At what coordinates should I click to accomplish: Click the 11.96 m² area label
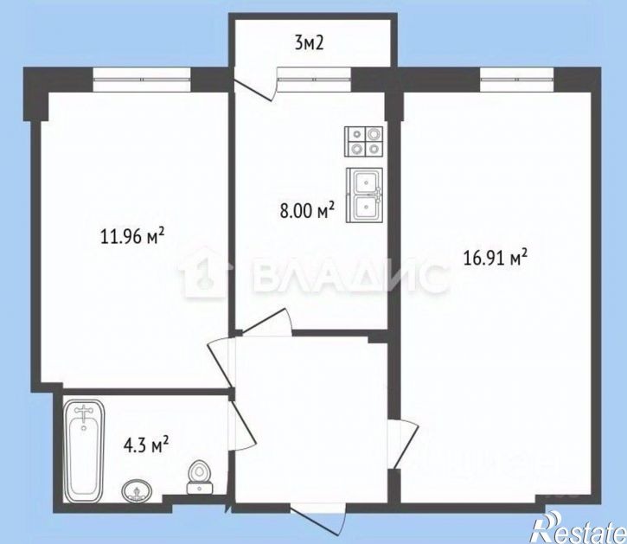click(x=132, y=236)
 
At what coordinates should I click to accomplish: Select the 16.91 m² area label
click(x=496, y=257)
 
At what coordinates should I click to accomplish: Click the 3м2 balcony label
click(x=310, y=43)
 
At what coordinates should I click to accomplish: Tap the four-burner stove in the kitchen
click(x=365, y=141)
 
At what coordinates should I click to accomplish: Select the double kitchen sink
click(x=365, y=195)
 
